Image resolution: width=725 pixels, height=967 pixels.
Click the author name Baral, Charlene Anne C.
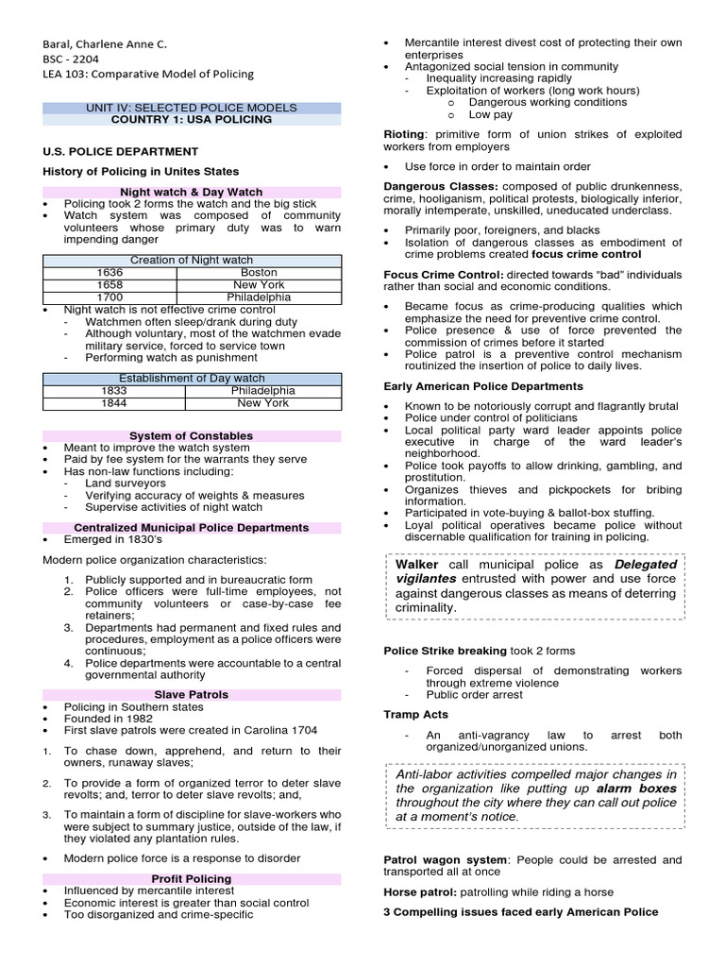pyautogui.click(x=106, y=42)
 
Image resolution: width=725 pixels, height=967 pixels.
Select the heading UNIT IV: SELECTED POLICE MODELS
pyautogui.click(x=192, y=108)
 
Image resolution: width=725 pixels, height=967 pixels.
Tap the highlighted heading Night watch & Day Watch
pyautogui.click(x=192, y=192)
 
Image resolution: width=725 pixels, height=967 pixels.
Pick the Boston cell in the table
pyautogui.click(x=259, y=272)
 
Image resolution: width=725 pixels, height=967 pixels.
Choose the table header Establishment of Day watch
pyautogui.click(x=191, y=378)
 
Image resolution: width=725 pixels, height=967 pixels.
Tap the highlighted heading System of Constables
pyautogui.click(x=191, y=435)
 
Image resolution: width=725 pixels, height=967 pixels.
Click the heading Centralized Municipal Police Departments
pyautogui.click(x=191, y=527)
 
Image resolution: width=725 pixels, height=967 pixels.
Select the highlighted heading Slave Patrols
pyautogui.click(x=191, y=694)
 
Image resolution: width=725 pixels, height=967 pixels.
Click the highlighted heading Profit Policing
pyautogui.click(x=191, y=878)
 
